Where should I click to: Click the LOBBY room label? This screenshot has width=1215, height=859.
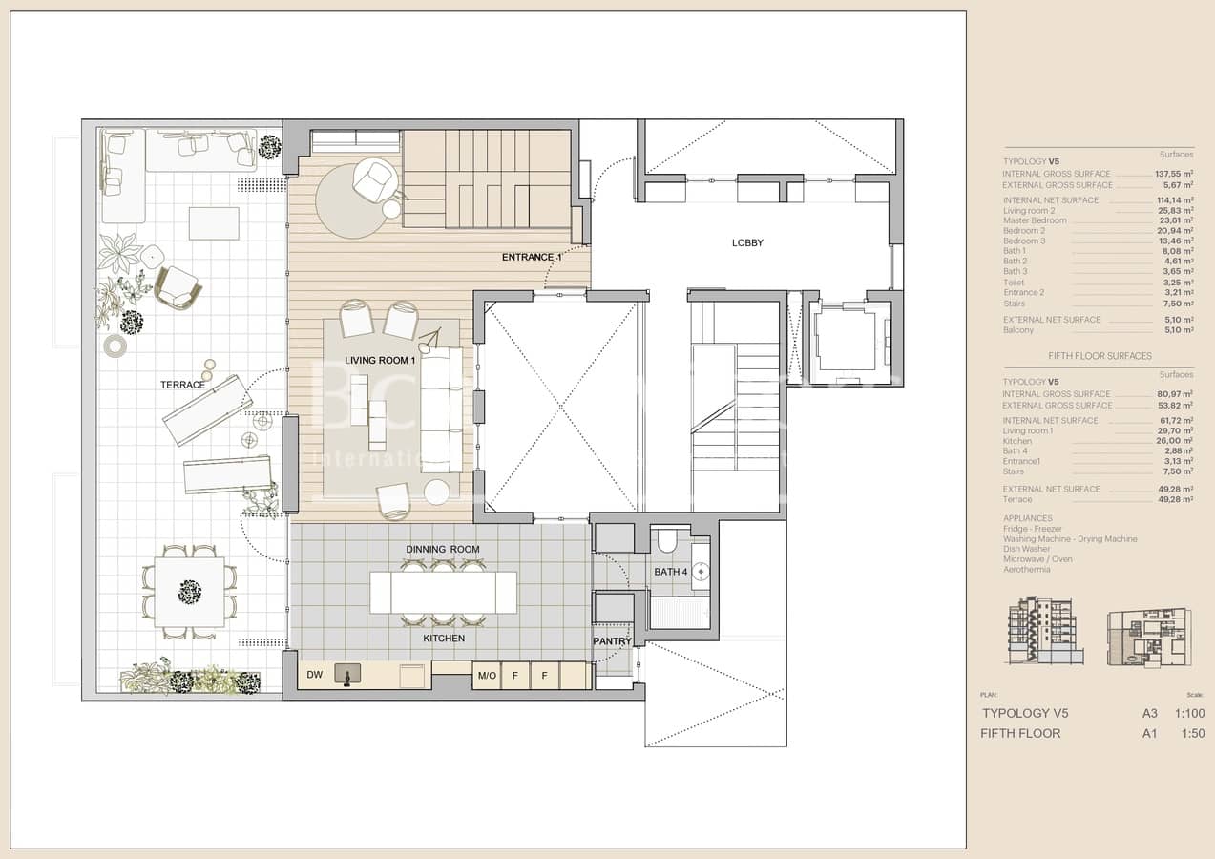747,242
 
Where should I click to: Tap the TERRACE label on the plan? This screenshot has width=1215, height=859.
182,385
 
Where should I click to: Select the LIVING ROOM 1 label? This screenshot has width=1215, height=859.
380,361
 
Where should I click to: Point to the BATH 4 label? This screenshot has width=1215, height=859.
671,572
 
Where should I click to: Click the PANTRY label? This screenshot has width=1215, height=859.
612,641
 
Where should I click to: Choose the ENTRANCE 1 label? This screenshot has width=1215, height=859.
532,257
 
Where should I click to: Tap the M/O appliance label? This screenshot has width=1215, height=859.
486,676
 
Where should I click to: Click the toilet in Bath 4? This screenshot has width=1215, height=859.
667,542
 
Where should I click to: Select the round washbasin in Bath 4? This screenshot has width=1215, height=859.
702,572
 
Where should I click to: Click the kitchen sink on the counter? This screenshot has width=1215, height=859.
347,674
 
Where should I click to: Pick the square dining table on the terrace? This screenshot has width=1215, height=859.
190,592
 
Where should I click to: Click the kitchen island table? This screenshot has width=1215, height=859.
443,592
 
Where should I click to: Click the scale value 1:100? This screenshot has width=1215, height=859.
1189,713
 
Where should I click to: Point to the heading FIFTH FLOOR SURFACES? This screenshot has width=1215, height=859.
1100,356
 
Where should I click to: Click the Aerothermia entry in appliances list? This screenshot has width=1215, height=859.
1026,570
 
